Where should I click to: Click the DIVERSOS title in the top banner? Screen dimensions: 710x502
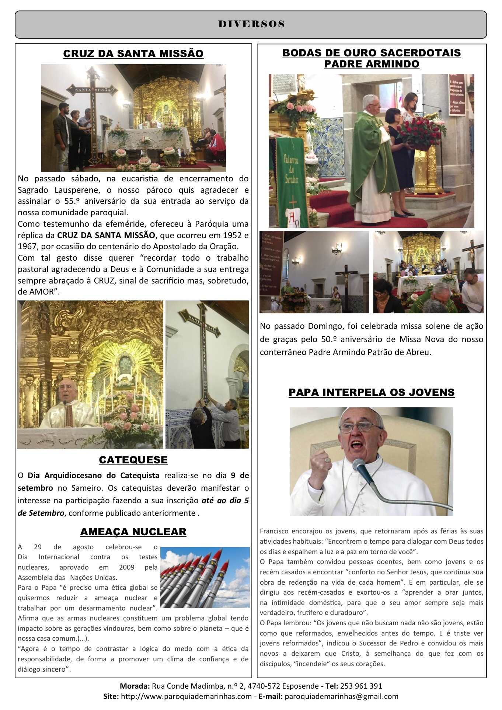pyautogui.click(x=251, y=24)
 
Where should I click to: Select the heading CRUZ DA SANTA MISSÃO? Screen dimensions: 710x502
pyautogui.click(x=133, y=53)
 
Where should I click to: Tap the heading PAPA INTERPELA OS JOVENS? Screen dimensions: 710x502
pyautogui.click(x=372, y=392)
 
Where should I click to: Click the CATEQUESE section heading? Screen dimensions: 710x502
pyautogui.click(x=133, y=460)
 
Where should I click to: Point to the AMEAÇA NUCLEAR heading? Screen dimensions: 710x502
pyautogui.click(x=133, y=532)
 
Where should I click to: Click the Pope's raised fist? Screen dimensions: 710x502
pyautogui.click(x=328, y=461)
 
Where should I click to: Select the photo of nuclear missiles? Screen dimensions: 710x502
pyautogui.click(x=205, y=577)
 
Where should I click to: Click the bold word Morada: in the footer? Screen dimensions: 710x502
pyautogui.click(x=135, y=686)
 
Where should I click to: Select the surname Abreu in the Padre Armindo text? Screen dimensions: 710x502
pyautogui.click(x=418, y=352)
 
